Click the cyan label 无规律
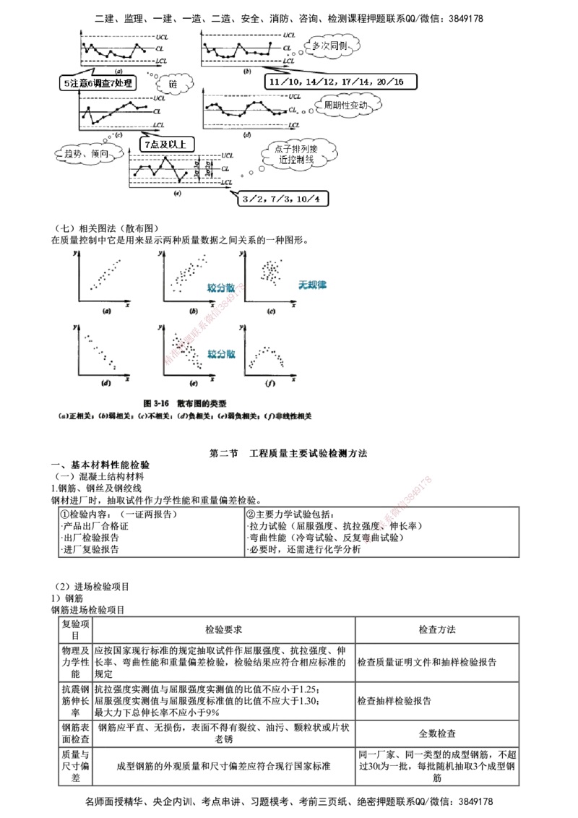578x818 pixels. tap(313, 285)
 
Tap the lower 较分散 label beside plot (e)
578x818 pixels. tap(221, 354)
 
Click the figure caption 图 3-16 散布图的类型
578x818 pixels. tap(187, 402)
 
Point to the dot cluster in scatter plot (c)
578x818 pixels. tap(271, 271)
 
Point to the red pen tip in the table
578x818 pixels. tap(369, 541)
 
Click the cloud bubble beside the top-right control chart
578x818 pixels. tap(330, 46)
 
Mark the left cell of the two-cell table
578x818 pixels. tap(151, 533)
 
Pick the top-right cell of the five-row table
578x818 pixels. tap(436, 629)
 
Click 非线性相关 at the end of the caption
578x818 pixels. tap(292, 417)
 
